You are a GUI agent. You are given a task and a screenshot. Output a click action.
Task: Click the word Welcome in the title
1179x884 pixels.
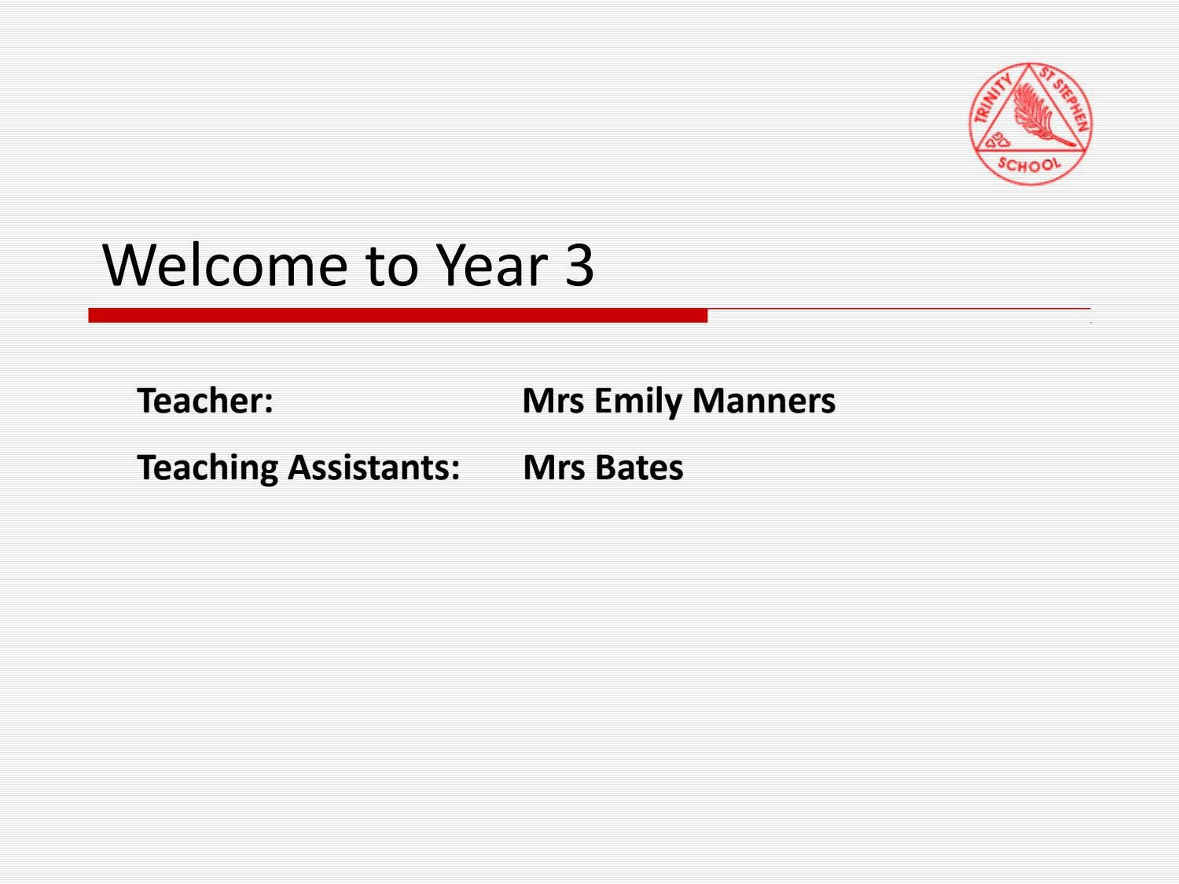(225, 265)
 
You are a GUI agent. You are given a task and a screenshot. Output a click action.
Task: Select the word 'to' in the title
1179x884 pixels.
(391, 265)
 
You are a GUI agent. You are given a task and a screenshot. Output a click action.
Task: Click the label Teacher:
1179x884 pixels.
(205, 401)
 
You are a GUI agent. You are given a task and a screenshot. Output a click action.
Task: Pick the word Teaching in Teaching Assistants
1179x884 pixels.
(208, 468)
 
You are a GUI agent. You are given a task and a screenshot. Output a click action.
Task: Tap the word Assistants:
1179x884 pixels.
(373, 468)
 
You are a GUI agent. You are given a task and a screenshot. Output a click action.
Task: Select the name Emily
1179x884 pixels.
(638, 402)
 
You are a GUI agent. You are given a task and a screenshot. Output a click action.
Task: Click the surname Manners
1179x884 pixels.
(764, 401)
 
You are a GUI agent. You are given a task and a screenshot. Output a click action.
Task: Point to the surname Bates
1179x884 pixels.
(639, 468)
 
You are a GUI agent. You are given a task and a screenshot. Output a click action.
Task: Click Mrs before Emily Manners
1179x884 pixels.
(553, 401)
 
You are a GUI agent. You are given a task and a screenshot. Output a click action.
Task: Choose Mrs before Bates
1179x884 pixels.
(553, 468)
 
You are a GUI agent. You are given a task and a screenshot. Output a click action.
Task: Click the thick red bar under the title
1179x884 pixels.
(398, 316)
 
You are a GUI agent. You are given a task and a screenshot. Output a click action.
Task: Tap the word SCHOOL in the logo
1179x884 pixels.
(1029, 164)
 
